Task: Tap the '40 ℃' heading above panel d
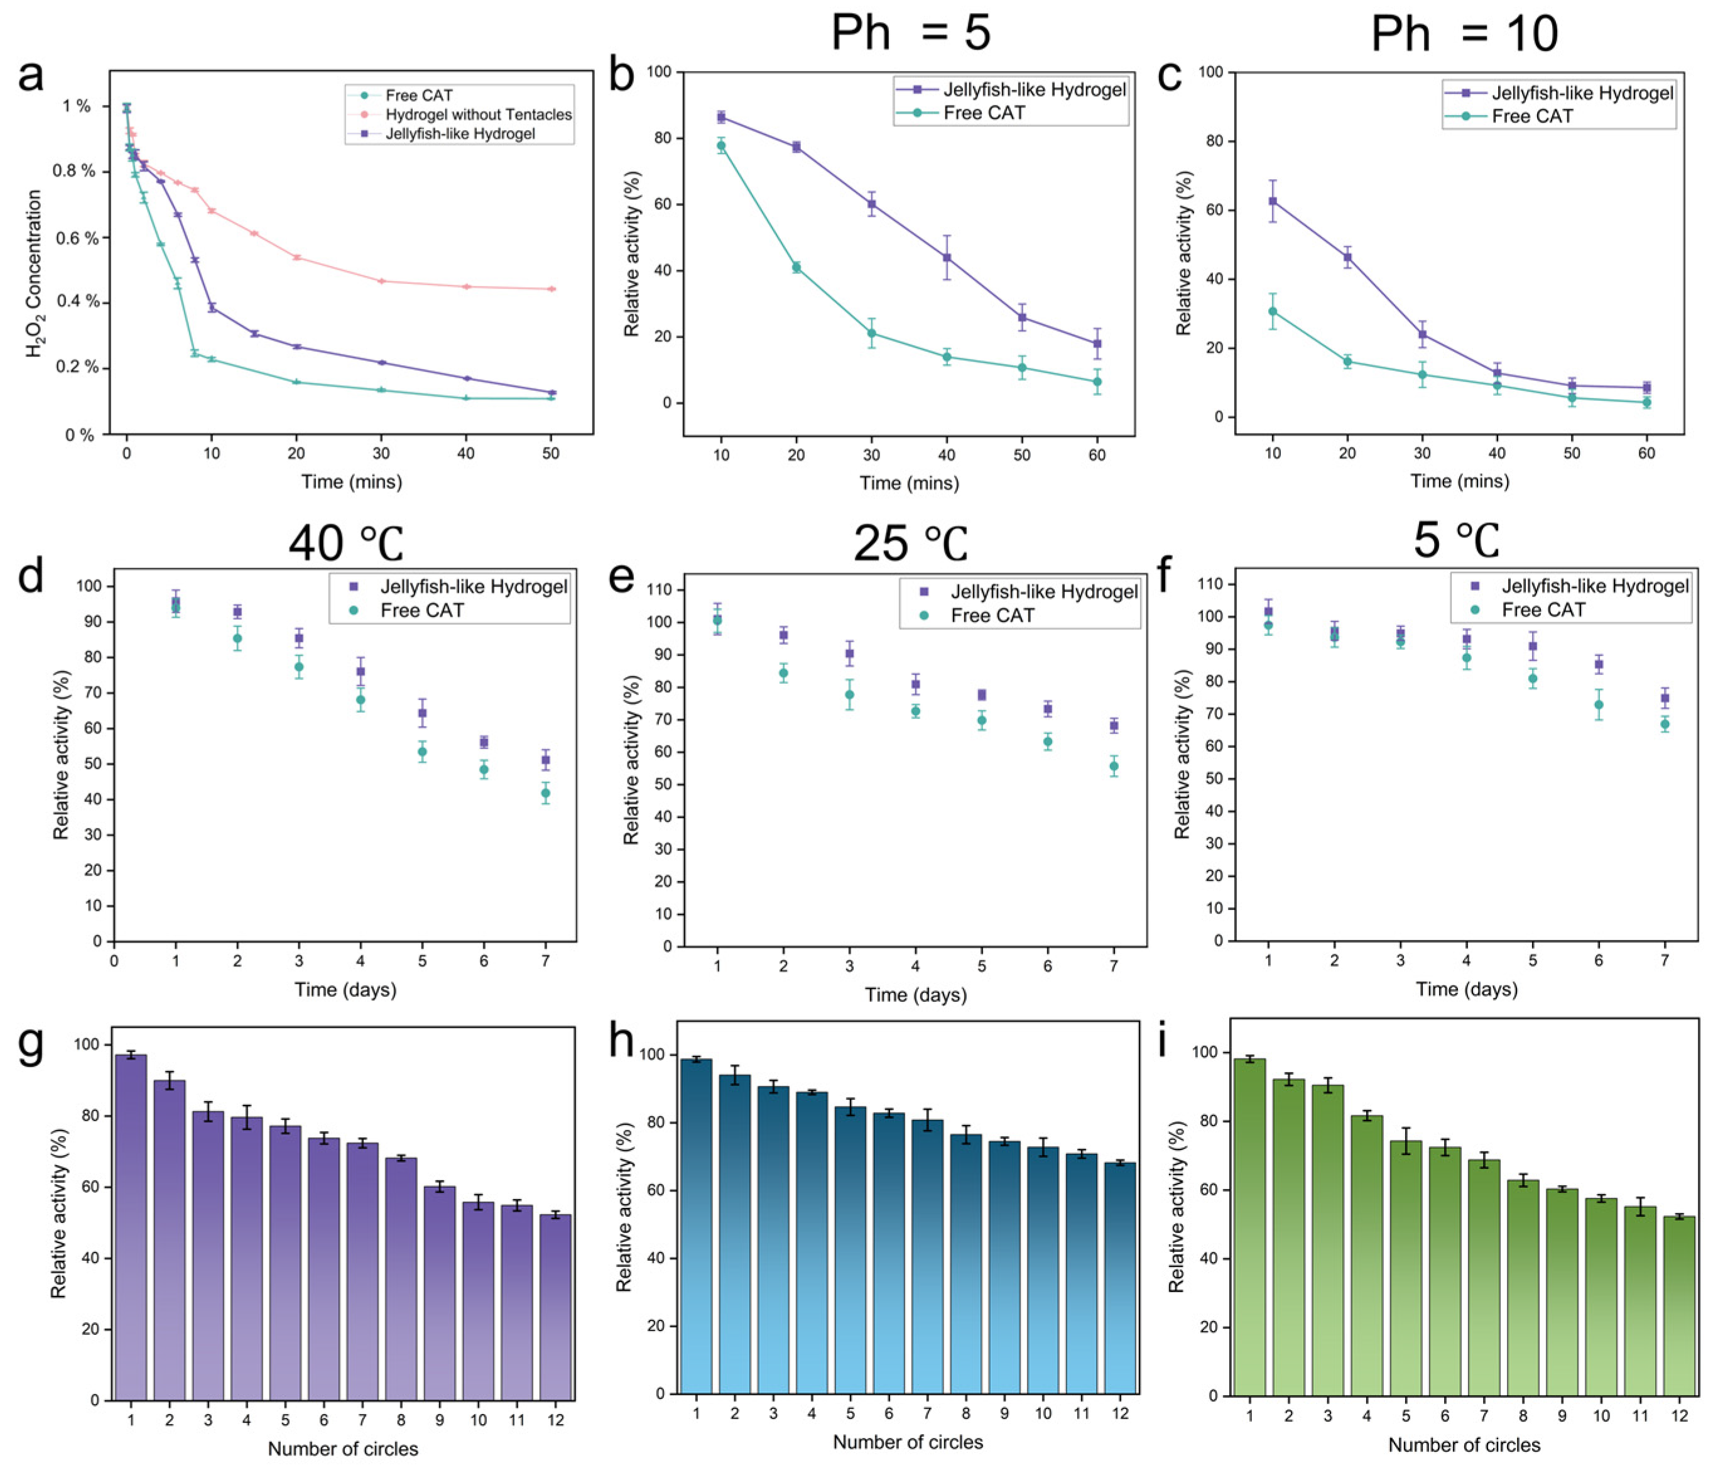[345, 544]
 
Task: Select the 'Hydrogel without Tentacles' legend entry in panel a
[477, 114]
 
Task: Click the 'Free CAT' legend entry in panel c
[1531, 116]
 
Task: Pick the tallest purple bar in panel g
[131, 1228]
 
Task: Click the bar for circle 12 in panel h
[1120, 1278]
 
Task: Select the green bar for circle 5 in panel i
[1405, 1270]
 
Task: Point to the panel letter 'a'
[31, 76]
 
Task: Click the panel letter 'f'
[1164, 576]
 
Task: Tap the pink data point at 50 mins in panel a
[552, 288]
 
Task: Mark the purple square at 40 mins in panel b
[946, 257]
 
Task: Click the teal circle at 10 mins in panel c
[1272, 312]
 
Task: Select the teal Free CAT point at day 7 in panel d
[546, 793]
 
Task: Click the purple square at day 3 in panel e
[849, 654]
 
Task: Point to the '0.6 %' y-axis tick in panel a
[75, 238]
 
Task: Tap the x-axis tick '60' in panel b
[1097, 454]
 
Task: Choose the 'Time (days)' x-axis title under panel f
[1466, 989]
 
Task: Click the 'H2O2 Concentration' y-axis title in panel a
[35, 274]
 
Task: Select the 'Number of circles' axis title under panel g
[342, 1449]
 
